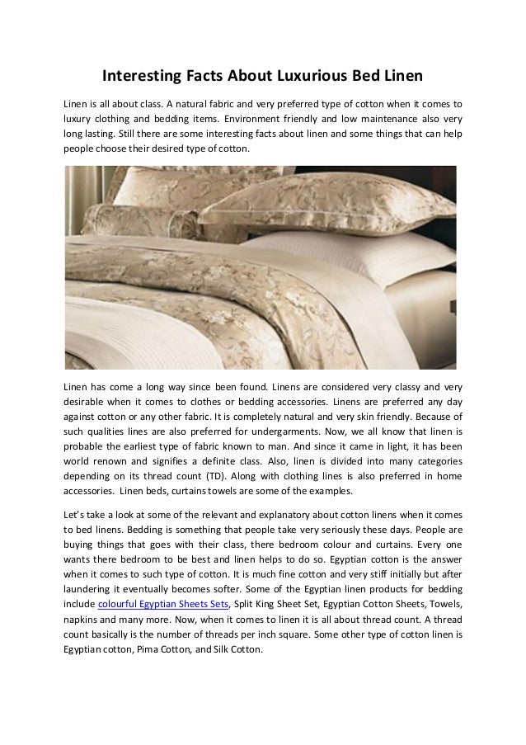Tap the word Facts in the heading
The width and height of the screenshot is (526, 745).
coord(210,78)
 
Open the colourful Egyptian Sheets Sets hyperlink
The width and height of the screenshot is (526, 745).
coord(157,604)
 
